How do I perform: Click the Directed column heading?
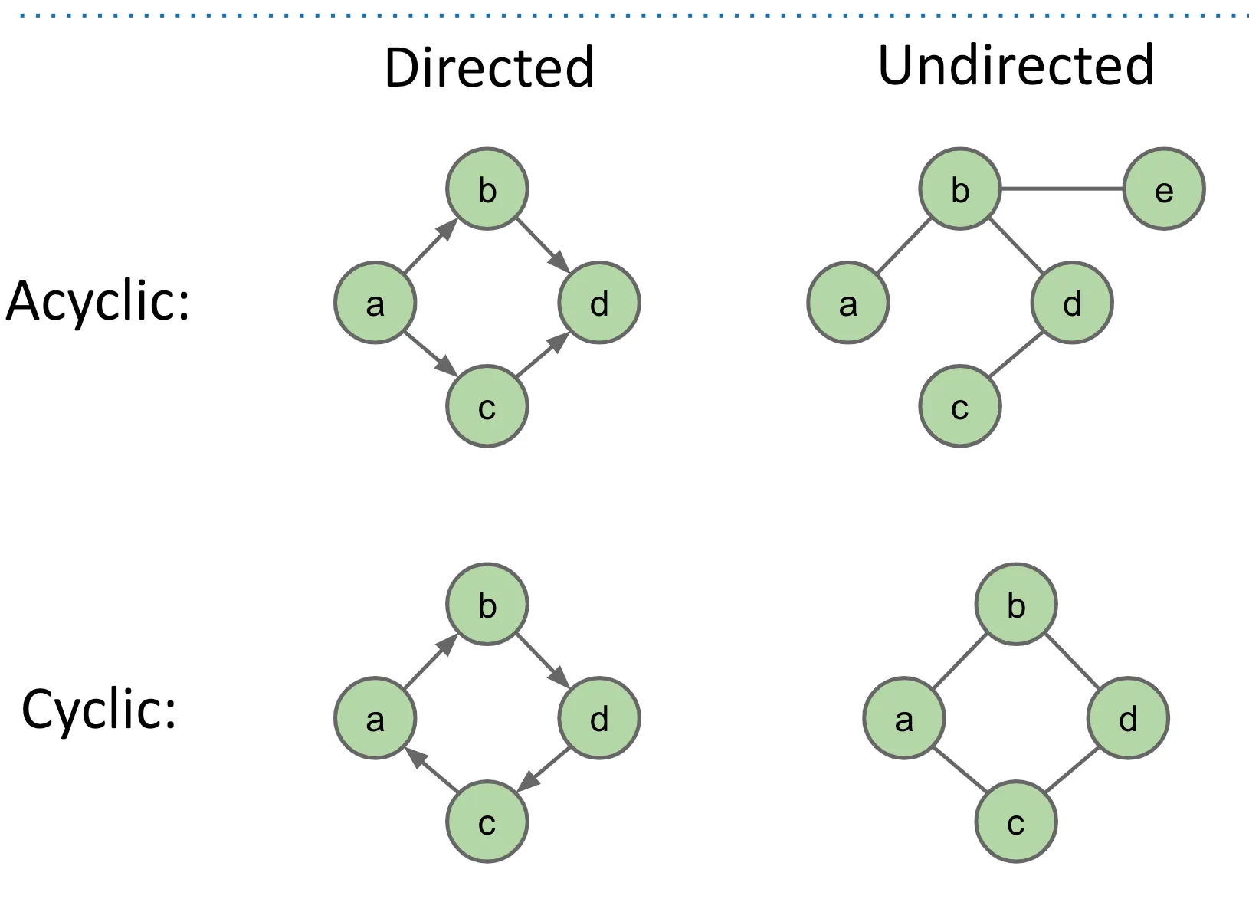[489, 68]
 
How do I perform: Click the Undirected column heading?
[1015, 66]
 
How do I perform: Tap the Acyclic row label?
[97, 302]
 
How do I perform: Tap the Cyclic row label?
[99, 710]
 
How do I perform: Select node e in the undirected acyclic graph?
[1164, 189]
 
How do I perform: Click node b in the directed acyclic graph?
[487, 189]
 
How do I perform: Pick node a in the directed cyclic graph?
[375, 718]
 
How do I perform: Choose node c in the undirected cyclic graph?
[1016, 822]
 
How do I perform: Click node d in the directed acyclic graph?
[599, 303]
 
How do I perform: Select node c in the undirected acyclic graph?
[959, 407]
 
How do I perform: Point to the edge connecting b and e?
[1062, 189]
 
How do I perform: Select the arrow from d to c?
[543, 769]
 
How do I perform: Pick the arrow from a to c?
[431, 354]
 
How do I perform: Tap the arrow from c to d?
[543, 354]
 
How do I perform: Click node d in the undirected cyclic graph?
[1128, 718]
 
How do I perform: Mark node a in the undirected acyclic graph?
[848, 303]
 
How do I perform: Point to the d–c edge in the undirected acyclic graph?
[1016, 354]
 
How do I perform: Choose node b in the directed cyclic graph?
[487, 605]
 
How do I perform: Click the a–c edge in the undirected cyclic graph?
[960, 770]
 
